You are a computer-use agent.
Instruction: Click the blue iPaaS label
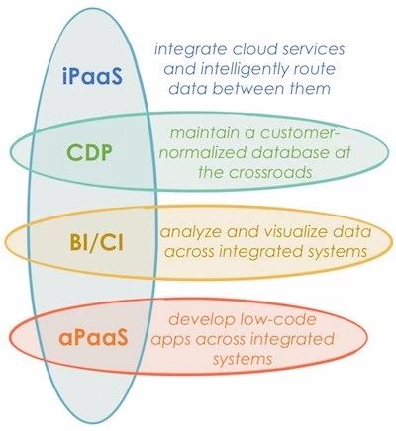92,75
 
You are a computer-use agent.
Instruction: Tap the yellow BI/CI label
96,244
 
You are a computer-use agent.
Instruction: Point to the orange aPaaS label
93,337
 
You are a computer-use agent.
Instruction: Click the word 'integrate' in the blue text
190,50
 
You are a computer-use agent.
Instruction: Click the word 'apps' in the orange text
171,340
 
